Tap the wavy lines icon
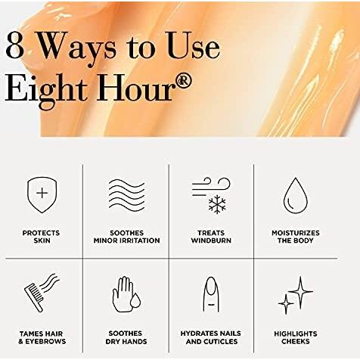click(x=127, y=195)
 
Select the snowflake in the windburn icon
click(x=217, y=204)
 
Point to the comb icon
click(x=34, y=298)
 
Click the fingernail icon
click(x=211, y=294)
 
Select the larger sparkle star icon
click(x=300, y=292)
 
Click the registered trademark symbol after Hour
click(x=185, y=81)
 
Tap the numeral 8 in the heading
click(x=15, y=45)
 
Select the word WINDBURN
click(x=211, y=241)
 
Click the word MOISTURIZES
click(x=296, y=233)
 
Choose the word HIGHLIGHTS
click(x=296, y=334)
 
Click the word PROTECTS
click(x=41, y=233)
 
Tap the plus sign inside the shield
click(x=42, y=194)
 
